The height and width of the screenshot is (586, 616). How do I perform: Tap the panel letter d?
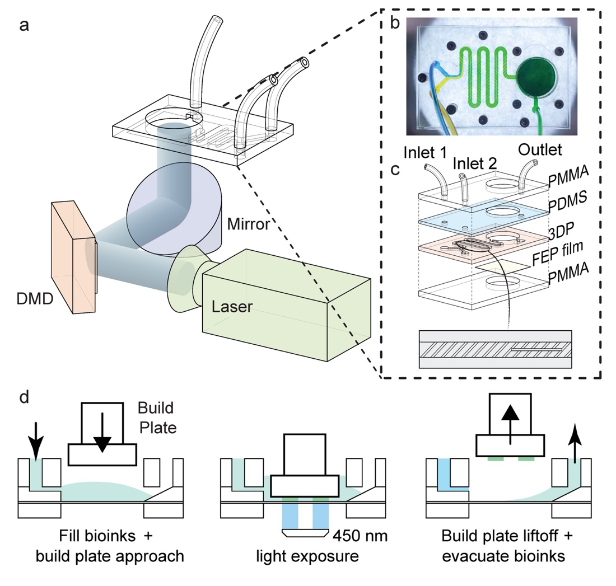point(25,398)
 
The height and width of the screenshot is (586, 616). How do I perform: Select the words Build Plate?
point(161,417)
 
